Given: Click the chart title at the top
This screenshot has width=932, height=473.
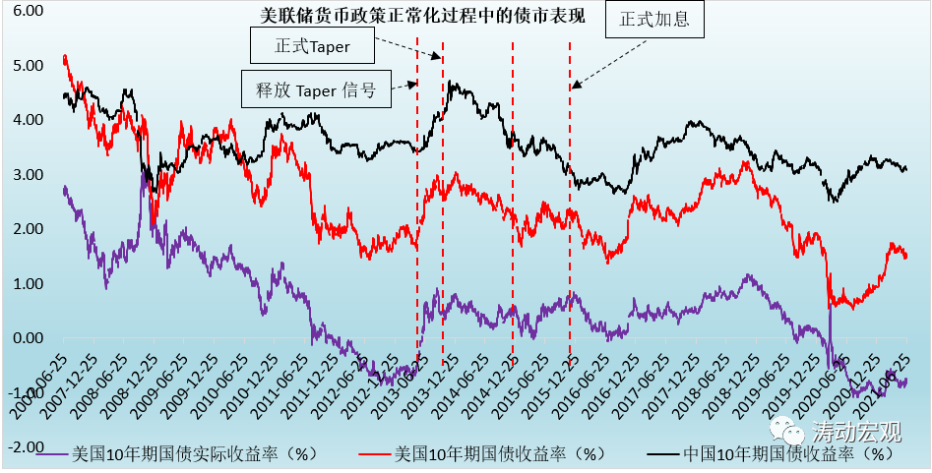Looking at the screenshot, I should (422, 17).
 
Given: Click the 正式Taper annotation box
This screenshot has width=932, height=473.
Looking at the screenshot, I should (314, 45).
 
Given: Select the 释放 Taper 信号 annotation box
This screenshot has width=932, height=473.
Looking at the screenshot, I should (316, 89).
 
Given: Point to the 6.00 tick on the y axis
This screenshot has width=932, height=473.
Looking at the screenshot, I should (29, 10).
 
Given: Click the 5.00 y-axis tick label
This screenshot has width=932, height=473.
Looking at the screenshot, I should (29, 65).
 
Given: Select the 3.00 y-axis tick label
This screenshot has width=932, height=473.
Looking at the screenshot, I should (29, 175).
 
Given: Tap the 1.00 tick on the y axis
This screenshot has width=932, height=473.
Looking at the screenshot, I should (29, 284).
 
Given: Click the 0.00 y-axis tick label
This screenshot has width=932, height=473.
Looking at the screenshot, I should (29, 338).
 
